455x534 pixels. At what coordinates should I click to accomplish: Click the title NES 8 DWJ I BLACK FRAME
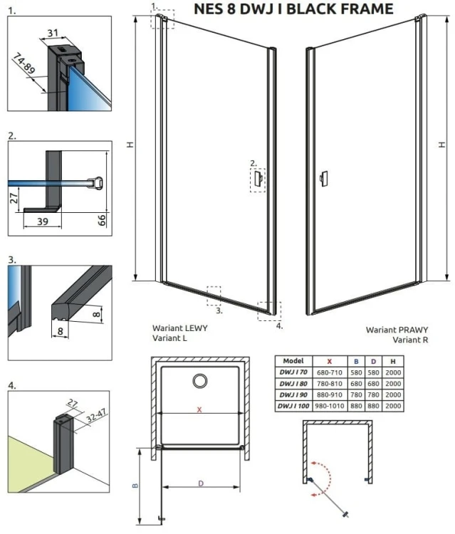[293, 9]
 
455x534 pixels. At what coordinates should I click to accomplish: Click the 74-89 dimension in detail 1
[23, 63]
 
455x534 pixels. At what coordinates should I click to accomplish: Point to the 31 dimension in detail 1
[53, 33]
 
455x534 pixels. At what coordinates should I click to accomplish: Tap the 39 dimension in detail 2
[43, 221]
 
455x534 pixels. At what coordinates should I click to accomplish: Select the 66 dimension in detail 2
[102, 220]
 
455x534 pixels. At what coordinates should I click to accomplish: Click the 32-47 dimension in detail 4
[96, 416]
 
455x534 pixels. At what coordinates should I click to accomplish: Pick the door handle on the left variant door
[258, 179]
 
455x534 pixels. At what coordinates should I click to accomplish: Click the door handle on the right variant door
[323, 179]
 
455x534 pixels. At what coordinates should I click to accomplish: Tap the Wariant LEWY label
[180, 328]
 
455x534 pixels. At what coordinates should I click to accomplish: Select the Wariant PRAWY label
[397, 330]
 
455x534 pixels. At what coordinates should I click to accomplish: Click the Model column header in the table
[293, 361]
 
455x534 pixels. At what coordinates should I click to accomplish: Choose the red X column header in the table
[330, 361]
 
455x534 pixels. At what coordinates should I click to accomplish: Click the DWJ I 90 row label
[293, 394]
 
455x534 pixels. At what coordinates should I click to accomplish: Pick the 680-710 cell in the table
[330, 372]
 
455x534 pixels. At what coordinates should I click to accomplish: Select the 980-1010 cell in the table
[330, 406]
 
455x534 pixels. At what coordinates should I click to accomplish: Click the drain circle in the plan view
[200, 381]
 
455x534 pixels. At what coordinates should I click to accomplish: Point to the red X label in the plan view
[199, 409]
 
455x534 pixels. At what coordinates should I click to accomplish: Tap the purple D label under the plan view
[201, 483]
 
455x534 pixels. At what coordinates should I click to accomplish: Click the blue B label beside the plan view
[135, 486]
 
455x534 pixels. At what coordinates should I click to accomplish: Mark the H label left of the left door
[130, 145]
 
